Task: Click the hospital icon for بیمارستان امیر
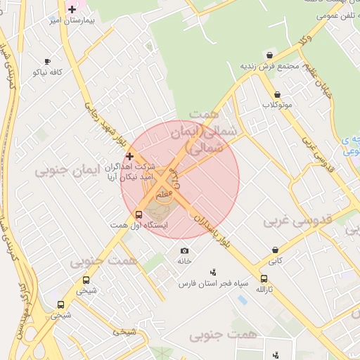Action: pyautogui.click(x=72, y=9)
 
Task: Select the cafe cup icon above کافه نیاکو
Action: pyautogui.click(x=47, y=62)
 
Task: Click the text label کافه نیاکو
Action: pyautogui.click(x=48, y=72)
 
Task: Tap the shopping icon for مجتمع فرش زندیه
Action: pyautogui.click(x=269, y=56)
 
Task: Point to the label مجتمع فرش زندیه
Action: pyautogui.click(x=271, y=66)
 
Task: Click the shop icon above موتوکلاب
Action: pyautogui.click(x=277, y=94)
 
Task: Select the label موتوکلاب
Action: pyautogui.click(x=277, y=105)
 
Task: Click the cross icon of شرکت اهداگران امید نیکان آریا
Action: pyautogui.click(x=129, y=155)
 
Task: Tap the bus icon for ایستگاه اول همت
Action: pyautogui.click(x=139, y=214)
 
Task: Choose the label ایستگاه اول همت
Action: pyautogui.click(x=129, y=224)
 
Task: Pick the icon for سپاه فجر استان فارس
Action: pyautogui.click(x=214, y=272)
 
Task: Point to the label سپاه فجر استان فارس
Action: pyautogui.click(x=214, y=283)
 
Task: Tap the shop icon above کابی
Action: pyautogui.click(x=274, y=250)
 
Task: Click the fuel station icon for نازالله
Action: pyautogui.click(x=264, y=278)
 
